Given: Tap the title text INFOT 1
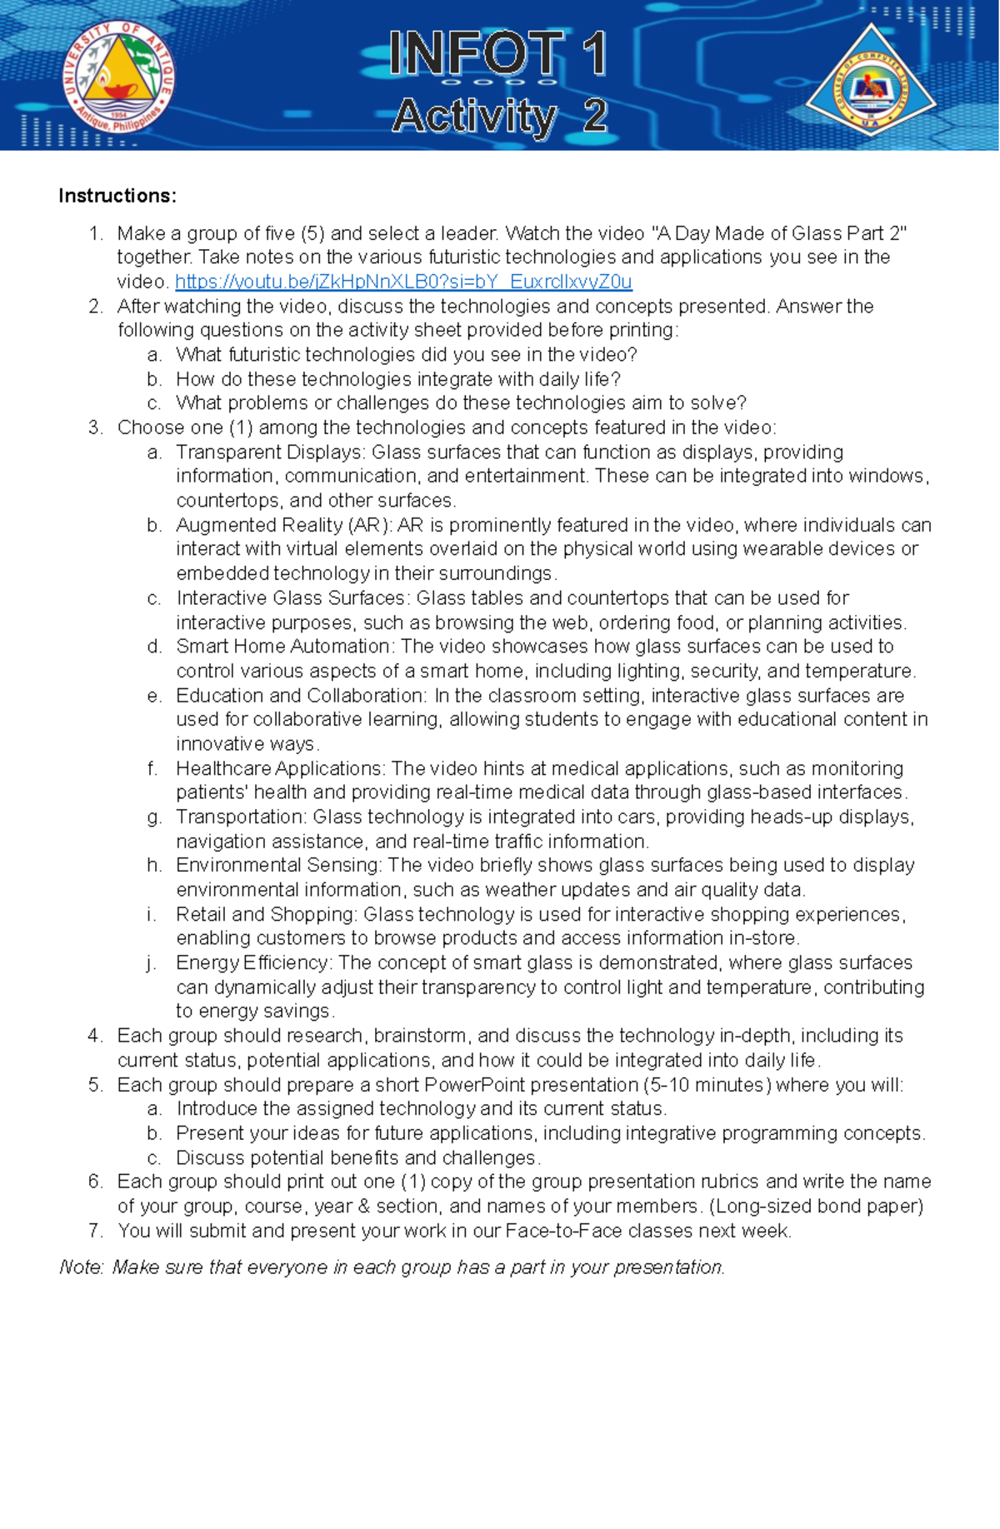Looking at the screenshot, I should tap(497, 53).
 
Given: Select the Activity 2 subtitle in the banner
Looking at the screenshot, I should tap(499, 116).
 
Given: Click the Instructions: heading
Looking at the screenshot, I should tap(117, 196).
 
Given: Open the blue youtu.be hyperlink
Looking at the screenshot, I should tap(403, 282).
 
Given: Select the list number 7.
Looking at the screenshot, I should tap(95, 1231).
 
